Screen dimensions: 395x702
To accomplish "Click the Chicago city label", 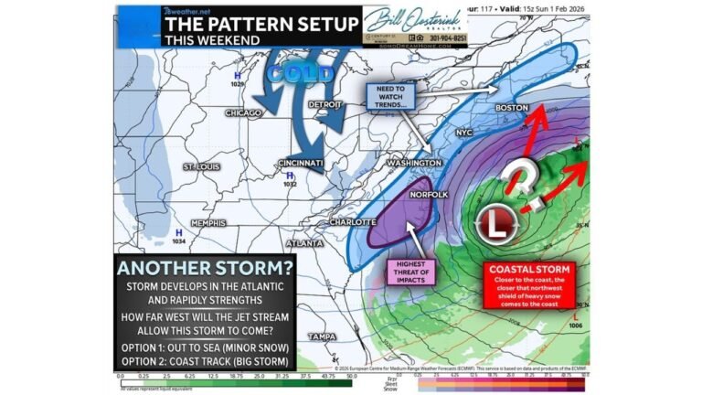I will pyautogui.click(x=242, y=112).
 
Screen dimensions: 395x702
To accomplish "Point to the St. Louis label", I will pyautogui.click(x=202, y=167).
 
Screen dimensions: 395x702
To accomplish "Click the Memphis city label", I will pyautogui.click(x=210, y=223).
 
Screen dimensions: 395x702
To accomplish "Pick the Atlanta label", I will pyautogui.click(x=304, y=244).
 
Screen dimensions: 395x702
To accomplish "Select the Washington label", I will pyautogui.click(x=415, y=163).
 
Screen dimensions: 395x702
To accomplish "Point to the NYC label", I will pyautogui.click(x=464, y=133).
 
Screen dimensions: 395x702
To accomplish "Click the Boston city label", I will pyautogui.click(x=511, y=108).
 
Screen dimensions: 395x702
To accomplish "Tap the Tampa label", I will pyautogui.click(x=344, y=336).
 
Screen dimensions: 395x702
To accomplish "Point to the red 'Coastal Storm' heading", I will pyautogui.click(x=530, y=270).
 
